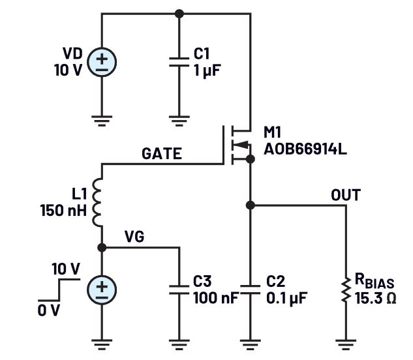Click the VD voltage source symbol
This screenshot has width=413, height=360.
[102, 63]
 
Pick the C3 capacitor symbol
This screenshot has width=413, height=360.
[179, 289]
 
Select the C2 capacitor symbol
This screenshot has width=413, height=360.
[250, 289]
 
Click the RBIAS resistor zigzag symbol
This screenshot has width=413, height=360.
[345, 290]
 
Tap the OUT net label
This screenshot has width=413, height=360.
[346, 195]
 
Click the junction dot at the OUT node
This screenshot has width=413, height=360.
[250, 205]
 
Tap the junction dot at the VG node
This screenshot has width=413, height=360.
[102, 248]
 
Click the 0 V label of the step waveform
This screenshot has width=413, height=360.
[48, 310]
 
